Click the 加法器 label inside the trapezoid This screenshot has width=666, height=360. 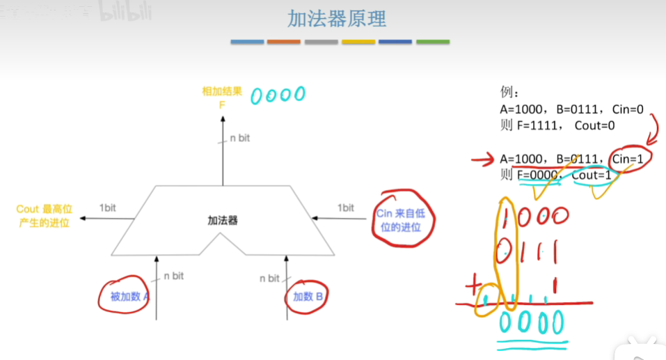(223, 221)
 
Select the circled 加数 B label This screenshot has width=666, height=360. (308, 297)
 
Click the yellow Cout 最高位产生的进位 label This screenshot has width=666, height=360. (44, 215)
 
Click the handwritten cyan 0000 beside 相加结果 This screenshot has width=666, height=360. (278, 95)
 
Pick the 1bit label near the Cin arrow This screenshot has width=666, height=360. (345, 208)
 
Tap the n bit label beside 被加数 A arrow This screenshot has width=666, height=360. (173, 276)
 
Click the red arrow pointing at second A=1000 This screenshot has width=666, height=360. (483, 162)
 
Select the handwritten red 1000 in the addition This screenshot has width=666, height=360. (534, 217)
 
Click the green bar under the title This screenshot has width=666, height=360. (433, 42)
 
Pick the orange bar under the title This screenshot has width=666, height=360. (284, 42)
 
